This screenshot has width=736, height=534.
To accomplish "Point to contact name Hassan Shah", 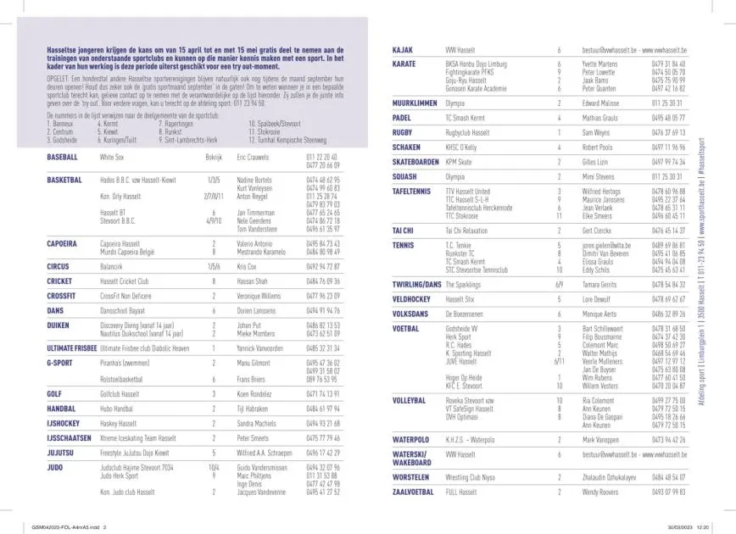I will (253, 281).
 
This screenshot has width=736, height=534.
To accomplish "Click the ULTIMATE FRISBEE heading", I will (71, 348).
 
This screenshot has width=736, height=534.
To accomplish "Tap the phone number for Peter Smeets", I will (324, 437).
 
